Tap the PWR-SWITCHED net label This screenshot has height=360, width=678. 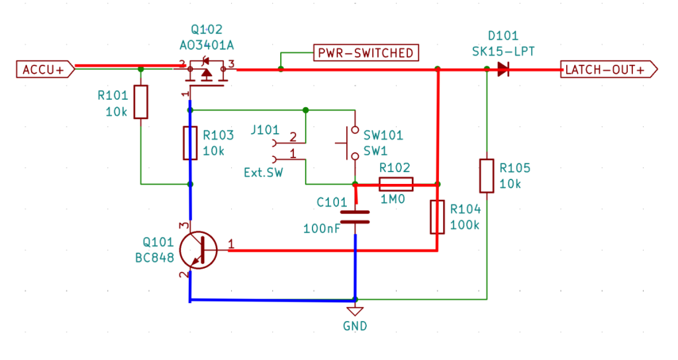(x=365, y=53)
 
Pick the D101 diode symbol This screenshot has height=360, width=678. (x=504, y=69)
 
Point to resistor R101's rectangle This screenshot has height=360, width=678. (x=140, y=102)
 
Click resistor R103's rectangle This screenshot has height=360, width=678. (x=191, y=143)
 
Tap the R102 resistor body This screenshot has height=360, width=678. (x=396, y=184)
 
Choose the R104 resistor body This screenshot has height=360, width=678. (x=437, y=217)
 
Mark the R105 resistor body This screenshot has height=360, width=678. (x=487, y=175)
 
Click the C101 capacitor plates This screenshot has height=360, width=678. (x=356, y=217)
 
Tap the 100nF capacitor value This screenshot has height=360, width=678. (x=322, y=229)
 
